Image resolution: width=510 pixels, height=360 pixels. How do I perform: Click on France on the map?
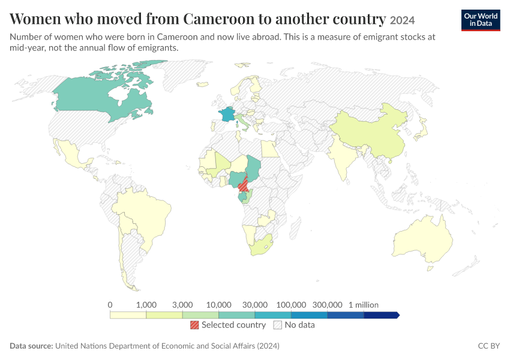tap(227, 114)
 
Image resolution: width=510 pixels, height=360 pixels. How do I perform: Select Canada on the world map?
tap(98, 98)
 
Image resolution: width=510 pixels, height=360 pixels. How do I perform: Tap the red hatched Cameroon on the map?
tap(243, 185)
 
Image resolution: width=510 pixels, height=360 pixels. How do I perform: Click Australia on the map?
tap(423, 239)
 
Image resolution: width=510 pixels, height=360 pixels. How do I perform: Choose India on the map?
tap(343, 156)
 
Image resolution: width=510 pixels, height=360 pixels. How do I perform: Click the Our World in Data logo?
tap(481, 20)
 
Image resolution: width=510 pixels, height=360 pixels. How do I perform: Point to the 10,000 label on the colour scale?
tap(218, 305)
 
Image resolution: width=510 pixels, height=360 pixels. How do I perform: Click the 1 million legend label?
tap(364, 305)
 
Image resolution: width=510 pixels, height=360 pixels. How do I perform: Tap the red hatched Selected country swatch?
tap(194, 325)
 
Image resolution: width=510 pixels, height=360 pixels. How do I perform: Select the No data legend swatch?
tap(278, 325)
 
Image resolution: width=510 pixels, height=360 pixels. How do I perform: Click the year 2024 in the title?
tap(403, 20)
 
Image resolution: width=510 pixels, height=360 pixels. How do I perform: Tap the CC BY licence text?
tap(489, 346)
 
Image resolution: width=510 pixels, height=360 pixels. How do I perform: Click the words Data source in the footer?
tap(31, 346)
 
